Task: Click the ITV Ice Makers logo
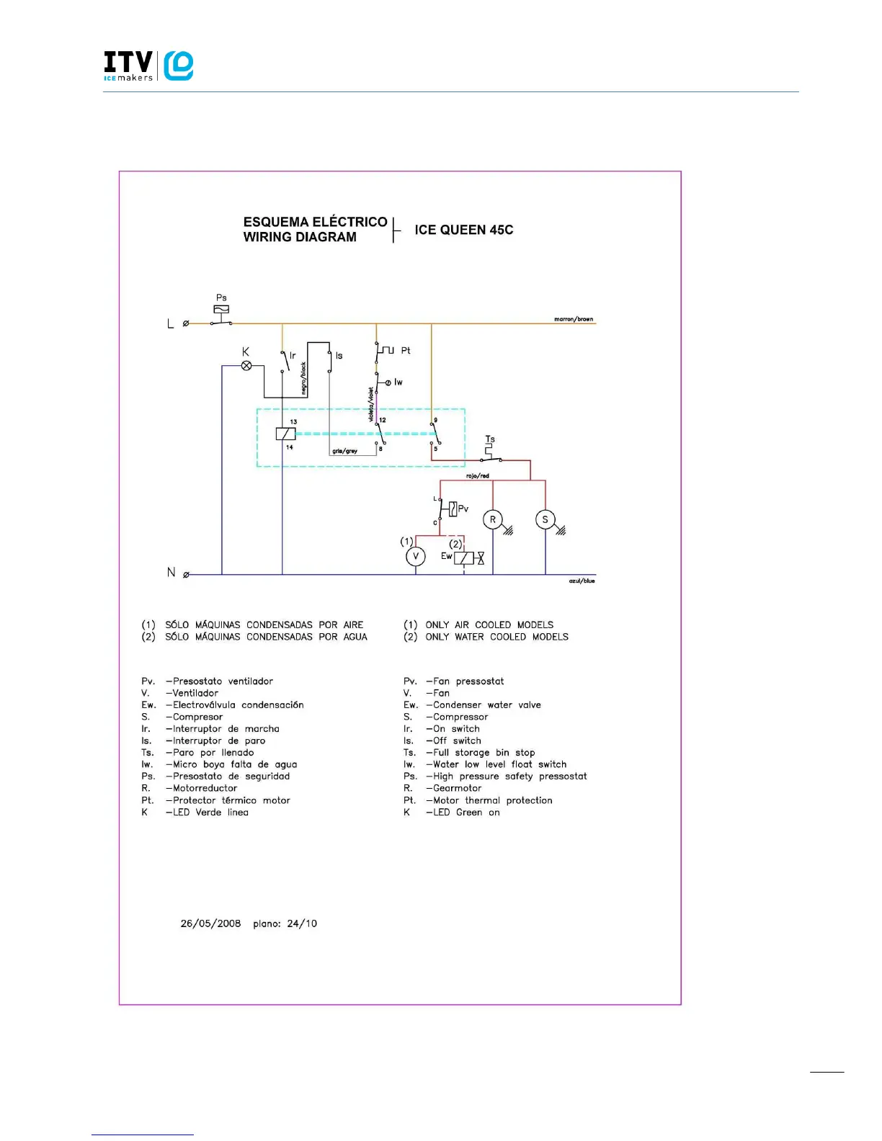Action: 148,66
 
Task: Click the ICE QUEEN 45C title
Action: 463,230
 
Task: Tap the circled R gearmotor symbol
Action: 493,519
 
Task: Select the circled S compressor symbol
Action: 545,519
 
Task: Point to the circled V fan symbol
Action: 415,556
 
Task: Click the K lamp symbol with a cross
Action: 246,366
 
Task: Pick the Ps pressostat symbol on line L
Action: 221,310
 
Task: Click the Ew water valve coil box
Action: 463,558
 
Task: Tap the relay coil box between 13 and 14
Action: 285,434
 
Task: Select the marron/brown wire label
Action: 574,318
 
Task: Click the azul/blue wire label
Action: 582,581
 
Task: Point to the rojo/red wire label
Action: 477,475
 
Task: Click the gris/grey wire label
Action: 344,451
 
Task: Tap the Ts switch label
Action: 490,439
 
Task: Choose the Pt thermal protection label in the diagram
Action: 406,350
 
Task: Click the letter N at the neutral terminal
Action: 171,572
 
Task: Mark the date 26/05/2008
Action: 210,923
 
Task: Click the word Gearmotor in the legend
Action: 457,788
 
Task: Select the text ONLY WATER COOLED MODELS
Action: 496,637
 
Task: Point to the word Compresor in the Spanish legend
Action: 197,717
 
